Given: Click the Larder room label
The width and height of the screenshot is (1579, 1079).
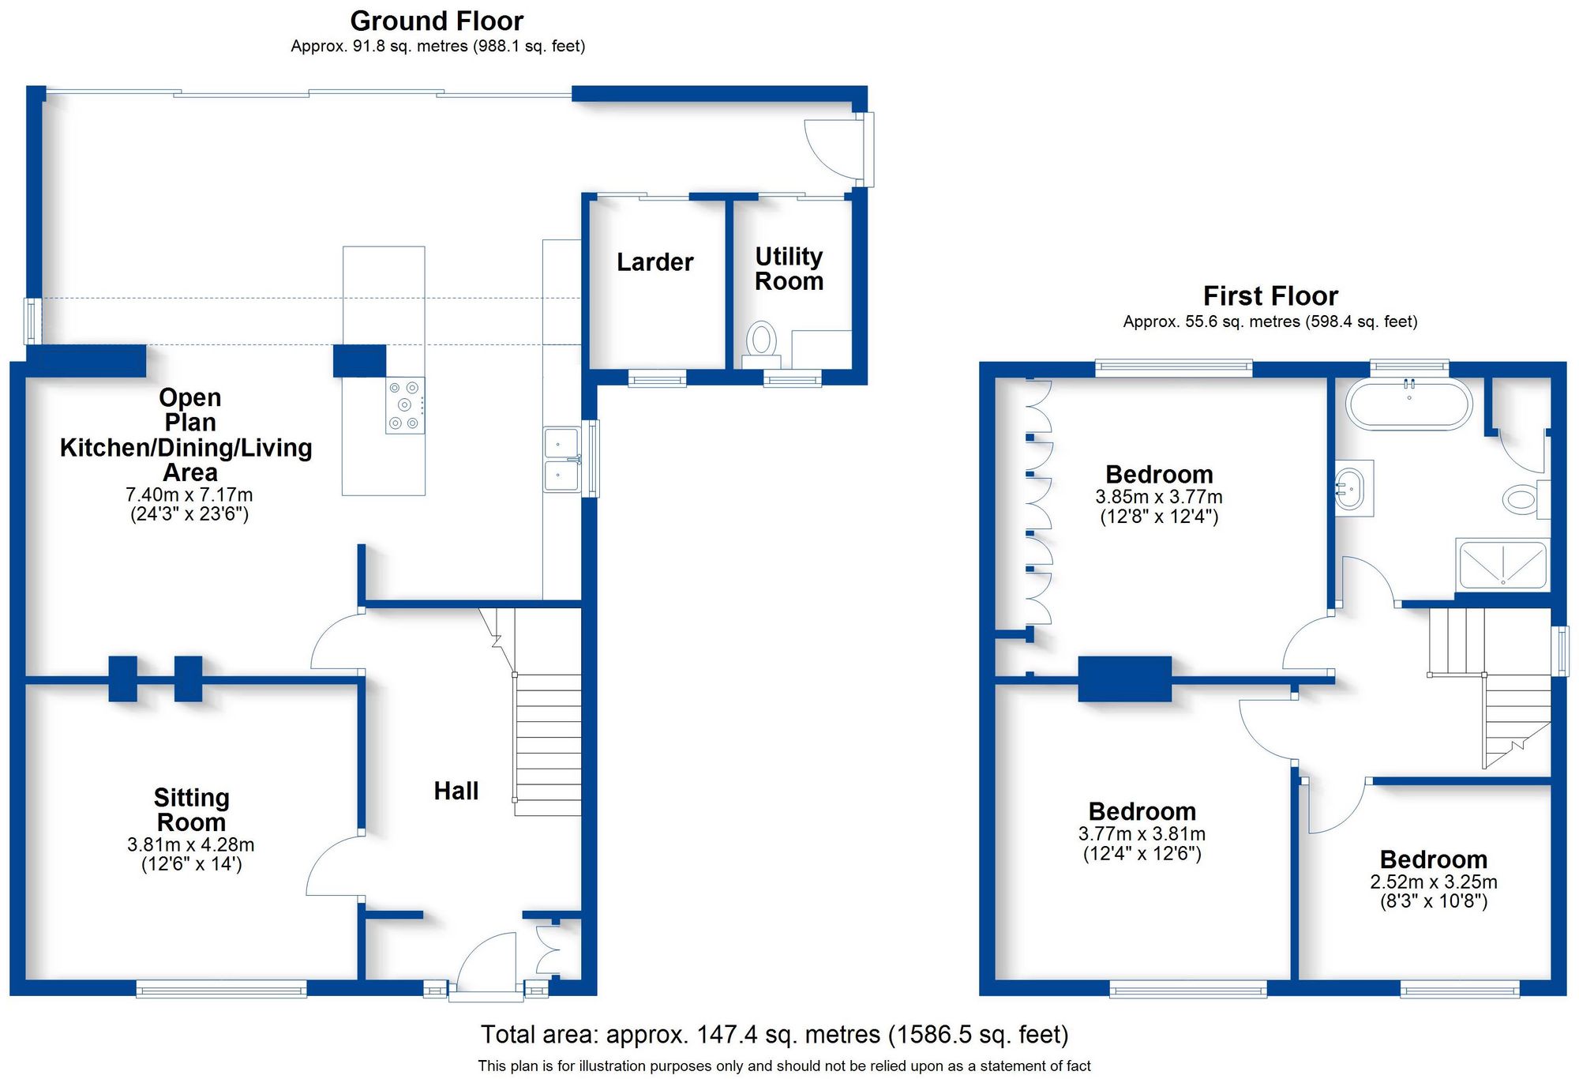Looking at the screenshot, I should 654,262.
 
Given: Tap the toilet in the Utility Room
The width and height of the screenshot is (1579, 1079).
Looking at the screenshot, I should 761,341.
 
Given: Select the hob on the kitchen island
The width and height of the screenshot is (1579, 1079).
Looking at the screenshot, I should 405,405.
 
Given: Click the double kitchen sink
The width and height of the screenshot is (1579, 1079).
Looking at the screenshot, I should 562,460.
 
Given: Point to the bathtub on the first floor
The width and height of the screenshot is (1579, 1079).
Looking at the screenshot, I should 1410,404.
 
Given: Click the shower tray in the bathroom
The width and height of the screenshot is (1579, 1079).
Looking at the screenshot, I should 1502,565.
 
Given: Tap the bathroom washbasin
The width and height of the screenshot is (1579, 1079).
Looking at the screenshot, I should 1352,488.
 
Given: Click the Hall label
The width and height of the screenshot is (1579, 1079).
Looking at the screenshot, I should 456,791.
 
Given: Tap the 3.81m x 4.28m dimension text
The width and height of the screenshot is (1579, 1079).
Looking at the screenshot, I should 190,844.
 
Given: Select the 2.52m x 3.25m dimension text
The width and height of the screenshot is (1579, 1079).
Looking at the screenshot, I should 1433,882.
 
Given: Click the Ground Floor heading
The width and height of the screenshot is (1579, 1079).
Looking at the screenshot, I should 437,21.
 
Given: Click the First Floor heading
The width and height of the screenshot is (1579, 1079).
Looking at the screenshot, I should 1270,295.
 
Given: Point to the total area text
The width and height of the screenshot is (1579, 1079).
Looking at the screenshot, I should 774,1034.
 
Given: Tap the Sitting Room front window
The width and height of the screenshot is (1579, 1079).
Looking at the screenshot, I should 221,989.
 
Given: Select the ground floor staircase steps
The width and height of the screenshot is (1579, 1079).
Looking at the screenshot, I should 548,743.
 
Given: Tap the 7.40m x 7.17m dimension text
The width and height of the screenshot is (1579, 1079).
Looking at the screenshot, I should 189,494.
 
